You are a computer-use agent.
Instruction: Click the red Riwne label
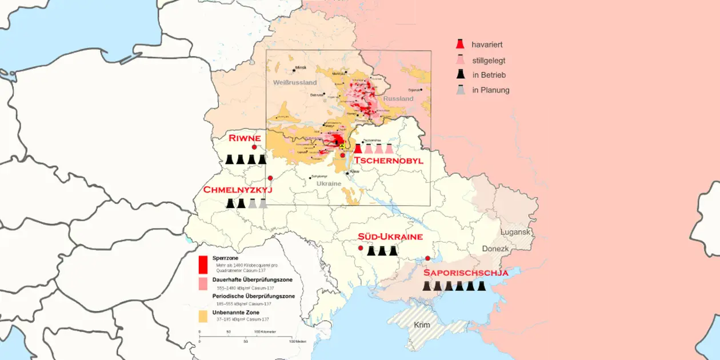[x=245, y=138]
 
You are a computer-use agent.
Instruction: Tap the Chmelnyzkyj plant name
[x=238, y=190]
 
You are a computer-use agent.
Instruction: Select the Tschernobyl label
[x=389, y=161]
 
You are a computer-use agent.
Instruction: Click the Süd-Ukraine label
[x=390, y=237]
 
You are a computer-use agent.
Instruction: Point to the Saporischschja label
[x=465, y=273]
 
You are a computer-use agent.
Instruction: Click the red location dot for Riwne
[x=254, y=147]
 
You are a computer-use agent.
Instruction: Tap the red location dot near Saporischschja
[x=427, y=259]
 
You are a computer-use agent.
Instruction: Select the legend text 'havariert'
[x=487, y=45]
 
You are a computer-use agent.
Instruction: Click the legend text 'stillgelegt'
[x=488, y=60]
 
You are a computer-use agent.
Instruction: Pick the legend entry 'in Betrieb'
[x=489, y=75]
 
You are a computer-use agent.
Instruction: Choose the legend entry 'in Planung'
[x=490, y=90]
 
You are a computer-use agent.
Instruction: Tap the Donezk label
[x=495, y=249]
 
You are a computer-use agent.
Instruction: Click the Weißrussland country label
[x=294, y=82]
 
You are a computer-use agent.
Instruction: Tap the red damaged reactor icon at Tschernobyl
[x=358, y=149]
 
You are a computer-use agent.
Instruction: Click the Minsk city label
[x=301, y=67]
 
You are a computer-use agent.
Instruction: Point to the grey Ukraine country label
[x=329, y=183]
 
